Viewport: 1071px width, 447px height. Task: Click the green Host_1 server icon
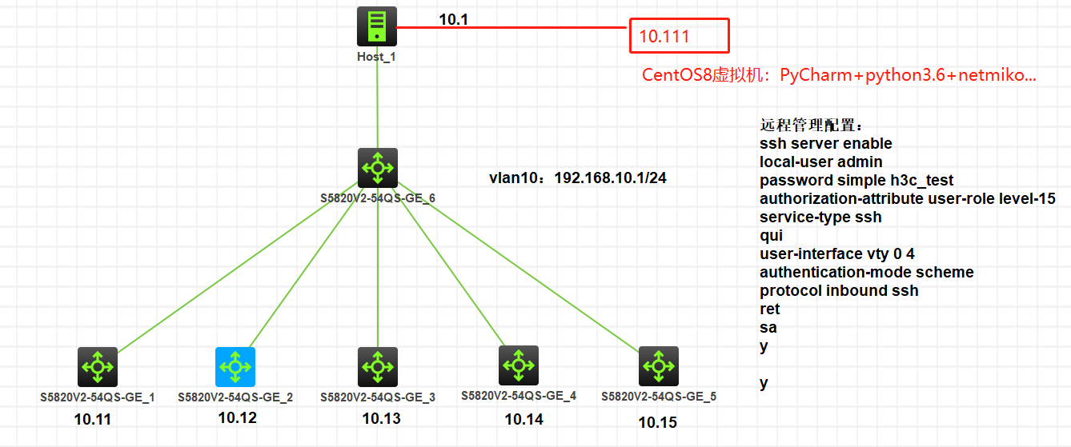pyautogui.click(x=376, y=26)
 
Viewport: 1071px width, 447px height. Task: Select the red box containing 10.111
pyautogui.click(x=679, y=36)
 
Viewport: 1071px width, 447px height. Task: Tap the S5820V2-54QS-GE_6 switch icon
pyautogui.click(x=377, y=167)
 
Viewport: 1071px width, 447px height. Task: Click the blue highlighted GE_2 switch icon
pyautogui.click(x=235, y=367)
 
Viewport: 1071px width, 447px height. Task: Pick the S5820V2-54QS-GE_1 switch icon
pyautogui.click(x=98, y=367)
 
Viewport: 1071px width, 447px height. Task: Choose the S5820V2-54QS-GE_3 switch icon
pyautogui.click(x=377, y=367)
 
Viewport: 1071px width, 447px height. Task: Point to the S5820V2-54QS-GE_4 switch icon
pyautogui.click(x=519, y=365)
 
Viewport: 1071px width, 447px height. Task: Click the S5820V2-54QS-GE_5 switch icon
pyautogui.click(x=659, y=366)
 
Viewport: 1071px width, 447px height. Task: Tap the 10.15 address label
pyautogui.click(x=657, y=422)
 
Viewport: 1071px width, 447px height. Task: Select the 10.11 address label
pyautogui.click(x=93, y=418)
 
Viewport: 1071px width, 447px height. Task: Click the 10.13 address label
pyautogui.click(x=381, y=418)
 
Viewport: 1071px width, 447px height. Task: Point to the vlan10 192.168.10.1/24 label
pyautogui.click(x=578, y=178)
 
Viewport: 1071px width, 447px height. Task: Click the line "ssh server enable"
pyautogui.click(x=825, y=144)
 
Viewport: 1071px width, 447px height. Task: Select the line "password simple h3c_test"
pyautogui.click(x=856, y=181)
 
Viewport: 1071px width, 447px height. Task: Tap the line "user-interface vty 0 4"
pyautogui.click(x=836, y=254)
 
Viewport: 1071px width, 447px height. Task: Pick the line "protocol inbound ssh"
pyautogui.click(x=839, y=291)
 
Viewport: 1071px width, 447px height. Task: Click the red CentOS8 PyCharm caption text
pyautogui.click(x=839, y=76)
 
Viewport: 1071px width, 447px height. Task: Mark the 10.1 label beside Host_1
pyautogui.click(x=453, y=19)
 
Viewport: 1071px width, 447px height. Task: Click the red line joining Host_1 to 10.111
pyautogui.click(x=512, y=28)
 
